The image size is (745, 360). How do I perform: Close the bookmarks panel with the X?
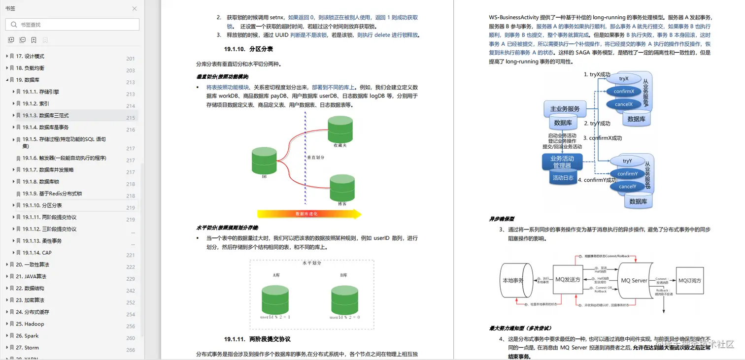135,9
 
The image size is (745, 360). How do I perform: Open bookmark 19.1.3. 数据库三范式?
45,116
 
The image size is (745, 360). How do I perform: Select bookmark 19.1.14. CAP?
37,253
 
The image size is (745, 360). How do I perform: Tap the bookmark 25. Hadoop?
30,324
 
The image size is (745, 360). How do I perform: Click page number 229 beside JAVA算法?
131,279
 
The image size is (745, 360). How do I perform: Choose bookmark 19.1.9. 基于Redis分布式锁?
52,194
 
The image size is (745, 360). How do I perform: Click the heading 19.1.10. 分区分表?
248,49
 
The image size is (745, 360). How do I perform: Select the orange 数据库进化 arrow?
309,214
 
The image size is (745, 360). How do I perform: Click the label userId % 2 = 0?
344,317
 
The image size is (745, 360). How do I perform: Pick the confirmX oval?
624,92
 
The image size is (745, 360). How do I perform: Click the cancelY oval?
627,187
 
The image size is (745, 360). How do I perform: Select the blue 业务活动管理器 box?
562,162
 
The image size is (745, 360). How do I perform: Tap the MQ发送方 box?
568,280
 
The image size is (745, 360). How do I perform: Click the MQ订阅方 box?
689,280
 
